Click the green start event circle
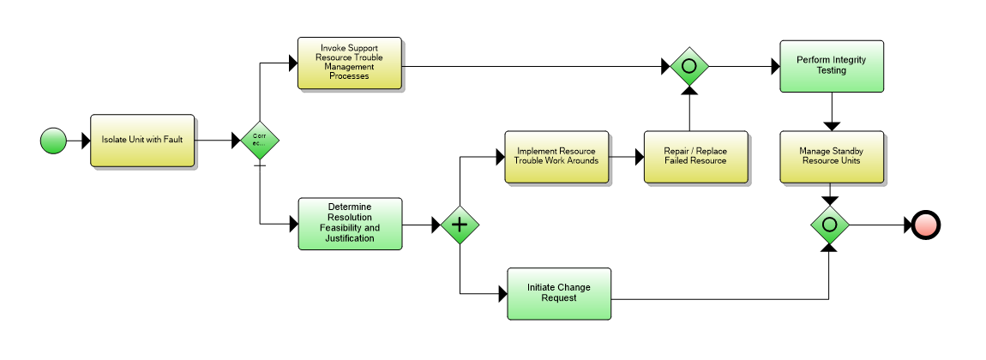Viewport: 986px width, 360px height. (x=53, y=141)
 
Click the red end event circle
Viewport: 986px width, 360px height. (x=927, y=225)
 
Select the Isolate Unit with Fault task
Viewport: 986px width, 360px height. (x=142, y=141)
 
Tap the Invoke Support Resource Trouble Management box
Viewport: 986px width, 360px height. (x=349, y=63)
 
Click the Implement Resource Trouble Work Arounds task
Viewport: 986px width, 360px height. (x=556, y=157)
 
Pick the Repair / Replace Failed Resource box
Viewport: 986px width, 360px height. (x=695, y=157)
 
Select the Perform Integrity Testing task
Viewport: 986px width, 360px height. (x=831, y=66)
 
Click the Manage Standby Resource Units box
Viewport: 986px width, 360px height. (x=831, y=157)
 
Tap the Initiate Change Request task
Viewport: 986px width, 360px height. (x=558, y=293)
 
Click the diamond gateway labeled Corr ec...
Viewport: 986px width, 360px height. (x=259, y=141)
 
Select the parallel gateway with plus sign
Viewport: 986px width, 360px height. (x=460, y=225)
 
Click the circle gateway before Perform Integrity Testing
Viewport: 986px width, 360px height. (x=688, y=65)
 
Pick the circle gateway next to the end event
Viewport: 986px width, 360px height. (x=829, y=225)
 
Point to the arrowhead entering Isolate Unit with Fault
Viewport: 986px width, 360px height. (x=85, y=141)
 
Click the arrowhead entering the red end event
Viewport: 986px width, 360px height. (x=907, y=225)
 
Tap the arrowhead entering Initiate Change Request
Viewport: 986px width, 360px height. (x=502, y=294)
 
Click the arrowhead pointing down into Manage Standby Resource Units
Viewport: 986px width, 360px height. (x=831, y=126)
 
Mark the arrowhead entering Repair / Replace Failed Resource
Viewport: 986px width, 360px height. (x=639, y=157)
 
